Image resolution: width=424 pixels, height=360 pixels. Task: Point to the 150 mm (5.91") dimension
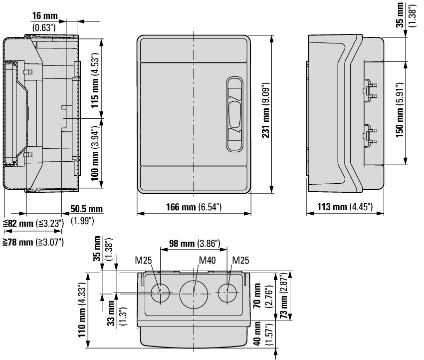pos(400,110)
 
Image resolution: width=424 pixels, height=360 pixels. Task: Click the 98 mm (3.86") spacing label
pos(195,243)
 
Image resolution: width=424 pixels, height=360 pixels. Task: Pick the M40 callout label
pos(207,261)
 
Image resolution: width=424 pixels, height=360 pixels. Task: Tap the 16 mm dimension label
pos(45,15)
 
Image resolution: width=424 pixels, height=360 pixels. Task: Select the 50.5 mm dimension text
pos(86,209)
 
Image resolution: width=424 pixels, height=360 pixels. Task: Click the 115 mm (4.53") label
pos(95,80)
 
